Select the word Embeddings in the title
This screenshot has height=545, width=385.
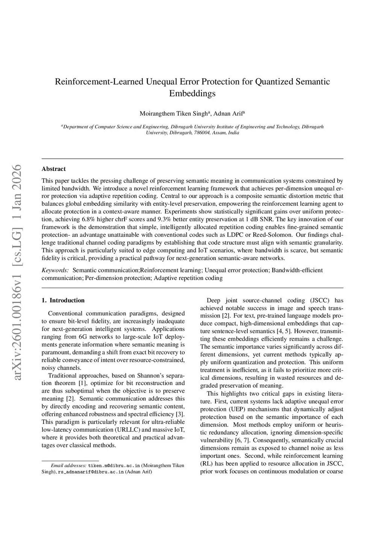tap(192, 93)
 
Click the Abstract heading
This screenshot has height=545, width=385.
tap(53, 169)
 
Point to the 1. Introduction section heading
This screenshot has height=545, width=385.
tap(63, 300)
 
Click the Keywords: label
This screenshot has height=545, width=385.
tap(55, 270)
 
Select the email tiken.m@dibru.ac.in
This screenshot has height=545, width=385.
tap(114, 466)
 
